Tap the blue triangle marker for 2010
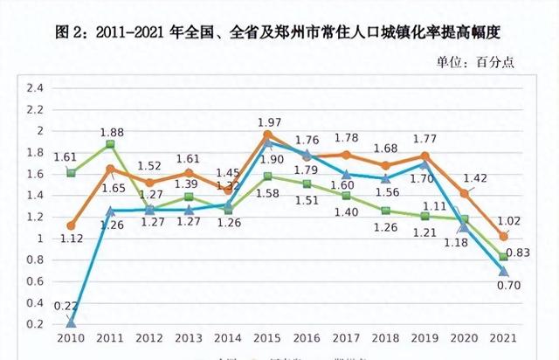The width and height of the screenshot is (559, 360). (x=71, y=322)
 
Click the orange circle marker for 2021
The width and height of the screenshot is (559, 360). (x=503, y=237)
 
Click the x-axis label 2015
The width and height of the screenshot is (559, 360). (x=267, y=338)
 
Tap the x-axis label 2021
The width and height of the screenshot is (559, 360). (x=503, y=338)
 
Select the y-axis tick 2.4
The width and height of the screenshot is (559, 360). (x=34, y=88)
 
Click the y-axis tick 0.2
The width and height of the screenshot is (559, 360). (x=34, y=324)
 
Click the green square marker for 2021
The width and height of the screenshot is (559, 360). (x=503, y=257)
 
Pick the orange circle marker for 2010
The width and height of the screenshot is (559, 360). (x=71, y=225)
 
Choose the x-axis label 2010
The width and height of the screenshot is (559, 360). (x=71, y=338)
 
